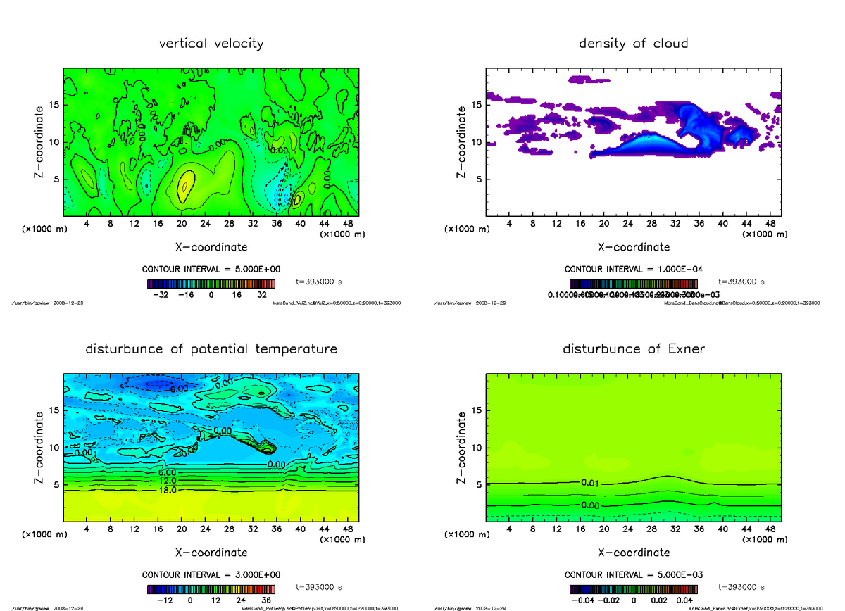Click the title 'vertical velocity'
[x=211, y=44]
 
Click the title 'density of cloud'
[x=633, y=44]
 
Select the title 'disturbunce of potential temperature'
[x=211, y=349]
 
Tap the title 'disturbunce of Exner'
[x=633, y=349]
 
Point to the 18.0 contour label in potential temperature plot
[x=167, y=490]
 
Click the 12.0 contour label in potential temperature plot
[x=167, y=481]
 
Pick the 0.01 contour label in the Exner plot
[x=590, y=483]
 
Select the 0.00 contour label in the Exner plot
[x=590, y=505]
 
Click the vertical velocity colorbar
[x=211, y=284]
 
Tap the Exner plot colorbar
[x=633, y=589]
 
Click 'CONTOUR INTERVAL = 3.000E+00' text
[x=211, y=574]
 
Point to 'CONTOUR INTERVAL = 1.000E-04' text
[x=633, y=270]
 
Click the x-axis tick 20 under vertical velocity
[x=181, y=223]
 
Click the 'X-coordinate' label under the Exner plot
[x=633, y=553]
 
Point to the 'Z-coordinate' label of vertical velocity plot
[x=41, y=141]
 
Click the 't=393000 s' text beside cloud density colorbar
[x=741, y=282]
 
